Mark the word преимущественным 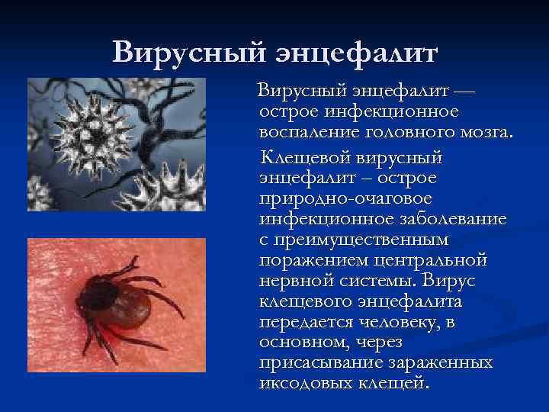[355, 240]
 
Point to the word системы [377, 279]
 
